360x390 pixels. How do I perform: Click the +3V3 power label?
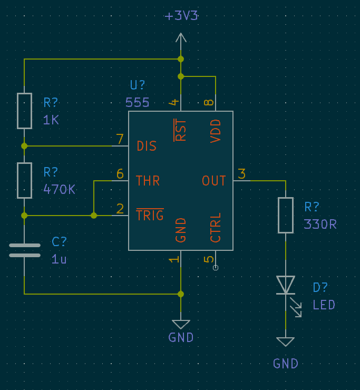[x=181, y=16]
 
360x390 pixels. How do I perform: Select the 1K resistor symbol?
[x=24, y=111]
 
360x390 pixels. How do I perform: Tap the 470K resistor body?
[x=24, y=180]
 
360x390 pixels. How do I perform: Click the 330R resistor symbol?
[x=286, y=215]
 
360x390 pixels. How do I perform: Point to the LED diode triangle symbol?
[x=286, y=285]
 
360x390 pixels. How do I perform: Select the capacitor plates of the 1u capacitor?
[x=24, y=250]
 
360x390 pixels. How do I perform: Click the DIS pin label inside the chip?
[x=147, y=146]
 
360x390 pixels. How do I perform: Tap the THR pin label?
[x=148, y=181]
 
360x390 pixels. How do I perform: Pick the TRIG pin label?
[x=150, y=216]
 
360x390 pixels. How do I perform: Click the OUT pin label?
[x=214, y=181]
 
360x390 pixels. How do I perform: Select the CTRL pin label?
[x=216, y=228]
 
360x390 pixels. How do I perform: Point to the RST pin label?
[x=181, y=130]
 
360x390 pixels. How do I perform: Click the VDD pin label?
[x=216, y=131]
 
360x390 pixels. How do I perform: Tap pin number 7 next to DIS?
[x=120, y=139]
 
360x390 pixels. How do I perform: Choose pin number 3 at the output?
[x=242, y=174]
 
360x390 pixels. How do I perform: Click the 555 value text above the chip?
[x=138, y=103]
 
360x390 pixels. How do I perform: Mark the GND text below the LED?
[x=286, y=364]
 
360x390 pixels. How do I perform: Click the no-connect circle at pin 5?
[x=216, y=268]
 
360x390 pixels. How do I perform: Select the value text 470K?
[x=59, y=189]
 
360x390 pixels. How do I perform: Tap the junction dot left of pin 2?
[x=94, y=216]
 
